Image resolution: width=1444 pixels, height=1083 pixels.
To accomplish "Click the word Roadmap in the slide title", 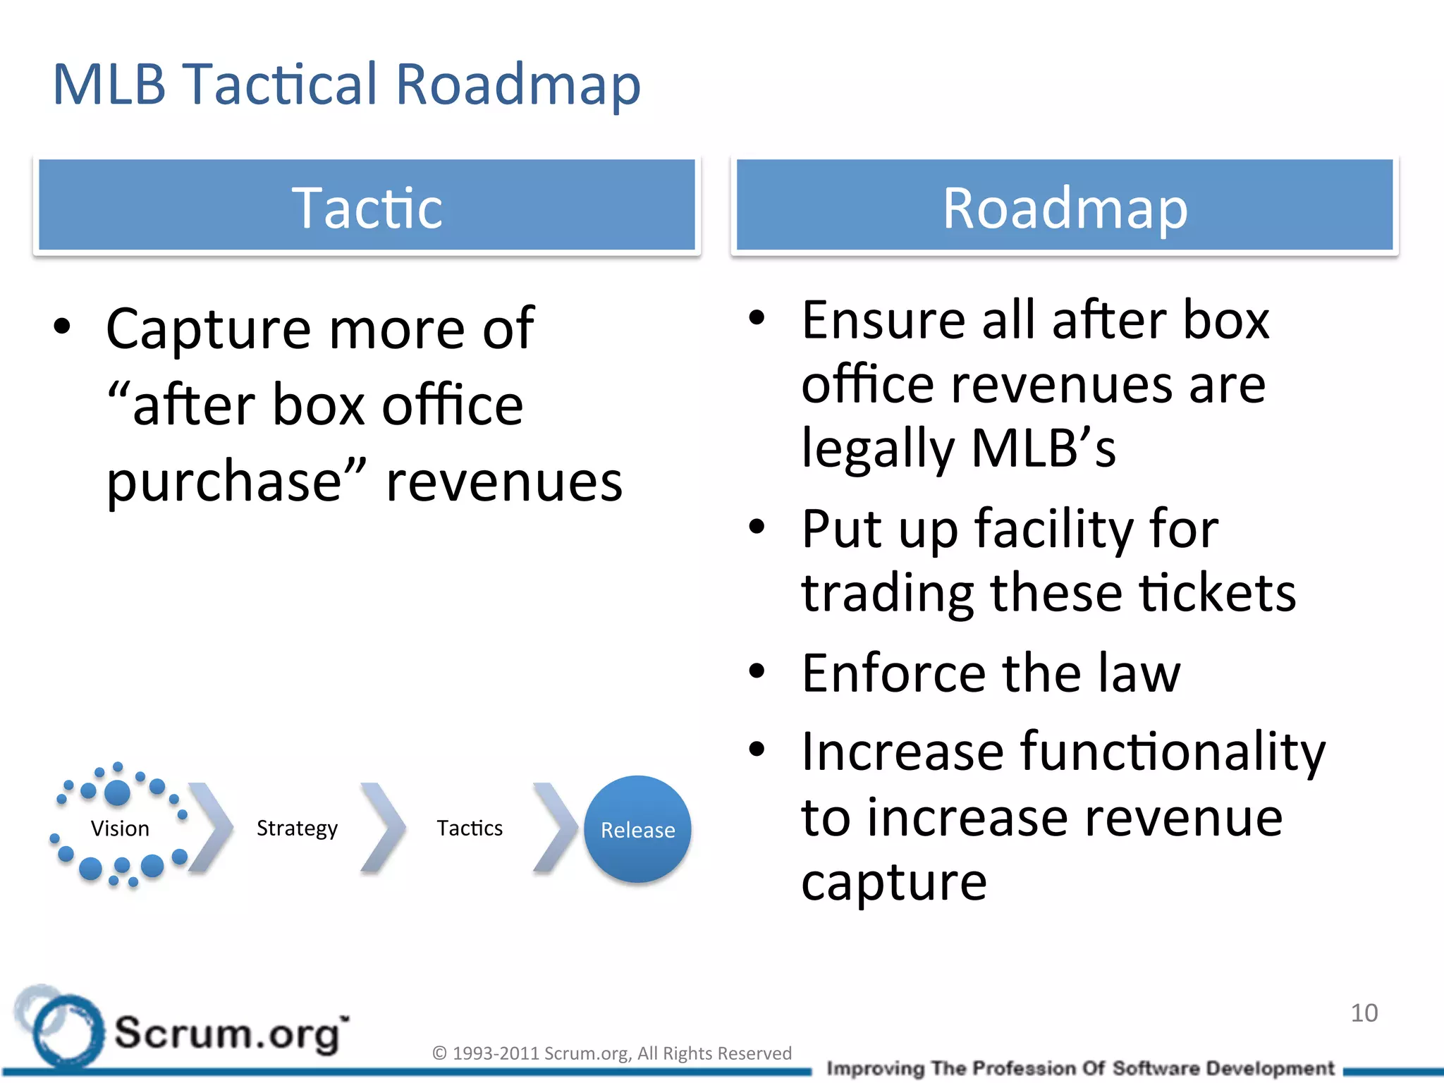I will pos(518,85).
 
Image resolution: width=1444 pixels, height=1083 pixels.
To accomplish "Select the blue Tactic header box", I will pos(367,205).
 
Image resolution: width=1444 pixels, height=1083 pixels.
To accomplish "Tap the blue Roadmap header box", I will pos(1065,205).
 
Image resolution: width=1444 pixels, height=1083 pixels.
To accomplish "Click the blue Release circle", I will pos(637,829).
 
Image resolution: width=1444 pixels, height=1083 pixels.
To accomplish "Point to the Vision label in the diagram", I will pos(120,828).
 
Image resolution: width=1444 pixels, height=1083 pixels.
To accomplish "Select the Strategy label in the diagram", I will pos(297,828).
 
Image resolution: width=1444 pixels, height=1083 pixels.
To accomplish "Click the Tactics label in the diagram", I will pos(470,828).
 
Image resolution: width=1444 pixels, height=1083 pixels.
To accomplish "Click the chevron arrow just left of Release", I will pos(555,828).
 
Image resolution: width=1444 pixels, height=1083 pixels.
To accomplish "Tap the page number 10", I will pos(1364,1013).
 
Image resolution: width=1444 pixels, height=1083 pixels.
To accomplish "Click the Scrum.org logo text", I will pos(230,1034).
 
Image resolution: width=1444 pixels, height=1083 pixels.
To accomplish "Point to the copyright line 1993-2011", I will pos(612,1053).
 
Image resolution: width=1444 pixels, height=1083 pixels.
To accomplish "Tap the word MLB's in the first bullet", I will pos(1044,448).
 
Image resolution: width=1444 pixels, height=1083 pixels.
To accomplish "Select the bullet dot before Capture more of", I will pos(63,327).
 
